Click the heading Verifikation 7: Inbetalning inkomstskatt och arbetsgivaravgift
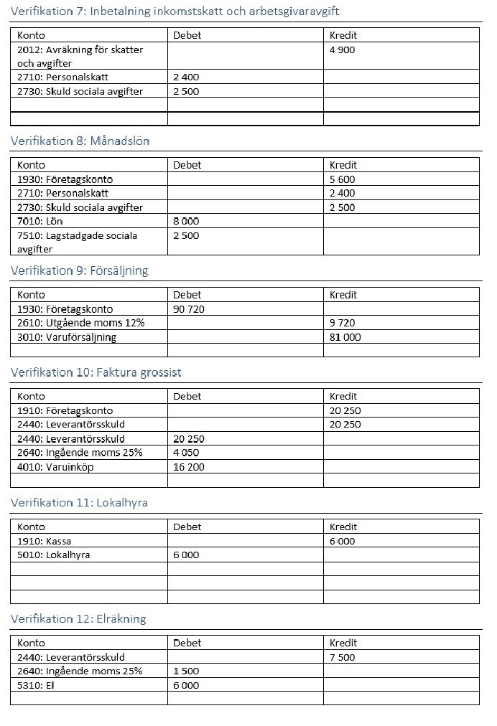[x=175, y=11]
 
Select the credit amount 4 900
[x=342, y=49]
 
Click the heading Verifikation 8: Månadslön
[x=80, y=141]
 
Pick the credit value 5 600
[x=342, y=179]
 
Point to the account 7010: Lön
[x=38, y=221]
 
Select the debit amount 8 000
[x=186, y=221]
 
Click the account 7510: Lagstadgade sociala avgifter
[x=77, y=242]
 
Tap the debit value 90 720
[x=189, y=309]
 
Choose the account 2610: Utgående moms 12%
[x=80, y=323]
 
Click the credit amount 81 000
[x=345, y=337]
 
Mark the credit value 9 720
[x=342, y=323]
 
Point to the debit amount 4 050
[x=186, y=453]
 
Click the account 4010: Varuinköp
[x=55, y=466]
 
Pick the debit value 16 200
[x=189, y=466]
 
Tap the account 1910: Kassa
[x=44, y=542]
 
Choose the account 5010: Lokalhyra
[x=53, y=555]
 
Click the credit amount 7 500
[x=342, y=657]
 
